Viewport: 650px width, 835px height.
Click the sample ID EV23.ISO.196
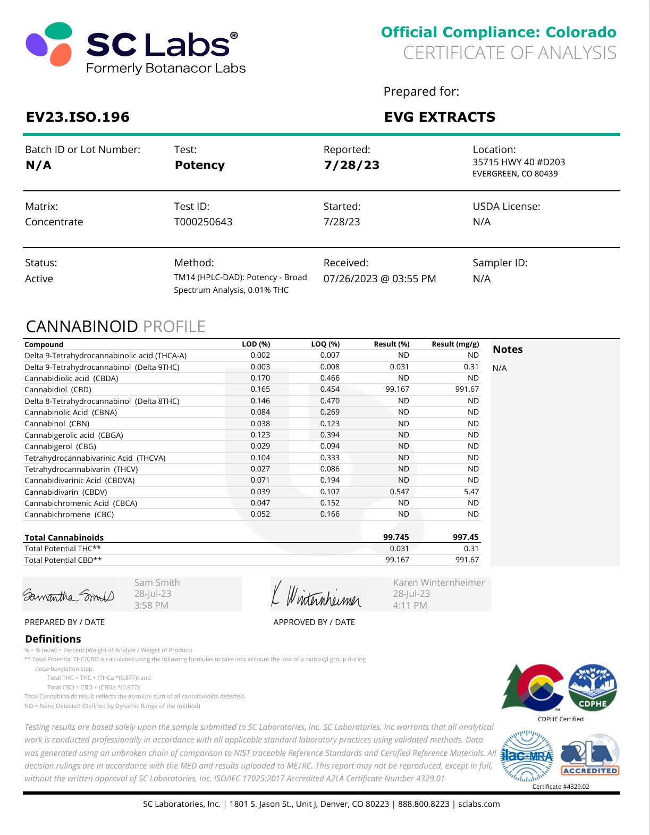pyautogui.click(x=78, y=117)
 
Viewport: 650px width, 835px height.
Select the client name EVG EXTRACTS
pyautogui.click(x=440, y=117)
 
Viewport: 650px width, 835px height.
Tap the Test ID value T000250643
pyautogui.click(x=203, y=222)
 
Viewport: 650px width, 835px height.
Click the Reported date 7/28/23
pyautogui.click(x=351, y=165)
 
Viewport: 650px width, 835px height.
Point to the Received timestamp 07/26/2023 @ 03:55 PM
pyautogui.click(x=379, y=279)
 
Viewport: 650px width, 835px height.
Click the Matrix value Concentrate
pyautogui.click(x=54, y=222)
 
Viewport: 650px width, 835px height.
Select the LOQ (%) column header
pyautogui.click(x=325, y=344)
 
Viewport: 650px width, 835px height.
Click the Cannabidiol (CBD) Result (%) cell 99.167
pyautogui.click(x=397, y=389)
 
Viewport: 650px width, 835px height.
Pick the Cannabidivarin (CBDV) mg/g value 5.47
pyautogui.click(x=471, y=492)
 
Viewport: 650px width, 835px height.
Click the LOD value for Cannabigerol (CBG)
pyautogui.click(x=260, y=446)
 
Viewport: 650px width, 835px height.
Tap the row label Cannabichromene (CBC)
pyautogui.click(x=69, y=515)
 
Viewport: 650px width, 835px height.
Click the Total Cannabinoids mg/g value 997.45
pyautogui.click(x=465, y=537)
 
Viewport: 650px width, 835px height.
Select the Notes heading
pyautogui.click(x=508, y=349)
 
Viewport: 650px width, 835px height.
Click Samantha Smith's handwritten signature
pyautogui.click(x=68, y=596)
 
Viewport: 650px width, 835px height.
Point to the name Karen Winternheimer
pyautogui.click(x=438, y=583)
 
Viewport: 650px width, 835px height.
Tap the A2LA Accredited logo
pyautogui.click(x=590, y=755)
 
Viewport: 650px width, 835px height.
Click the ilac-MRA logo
pyautogui.click(x=527, y=755)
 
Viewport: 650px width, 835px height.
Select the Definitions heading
pyautogui.click(x=53, y=639)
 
